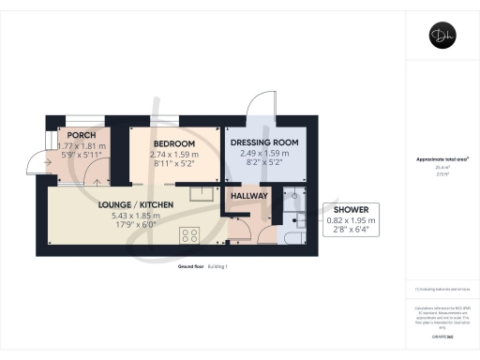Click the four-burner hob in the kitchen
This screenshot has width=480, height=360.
click(x=190, y=234)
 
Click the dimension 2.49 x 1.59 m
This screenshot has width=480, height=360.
click(x=263, y=152)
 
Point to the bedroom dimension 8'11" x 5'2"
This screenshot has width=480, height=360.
click(x=160, y=162)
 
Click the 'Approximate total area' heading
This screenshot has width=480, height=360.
click(x=441, y=159)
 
